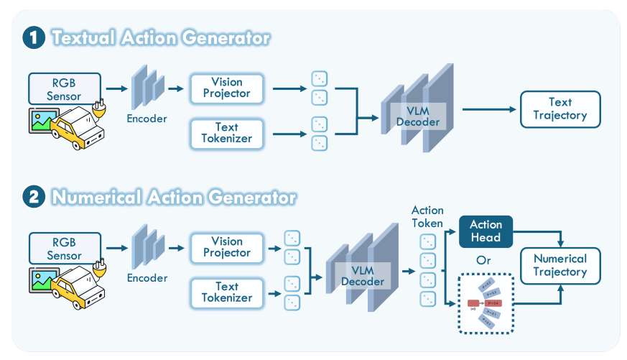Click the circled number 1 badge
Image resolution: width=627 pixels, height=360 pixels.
pos(33,38)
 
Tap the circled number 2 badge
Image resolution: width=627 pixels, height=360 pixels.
pos(33,196)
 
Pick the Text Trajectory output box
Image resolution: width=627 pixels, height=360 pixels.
pos(559,109)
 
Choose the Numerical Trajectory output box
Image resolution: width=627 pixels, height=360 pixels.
pos(559,265)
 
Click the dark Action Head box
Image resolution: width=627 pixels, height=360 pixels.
pos(486,231)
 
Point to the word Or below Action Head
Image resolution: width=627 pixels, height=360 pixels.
pos(486,258)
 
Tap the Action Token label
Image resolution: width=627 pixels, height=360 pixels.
pos(427,216)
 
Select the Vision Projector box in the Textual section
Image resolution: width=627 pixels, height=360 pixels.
pos(226,88)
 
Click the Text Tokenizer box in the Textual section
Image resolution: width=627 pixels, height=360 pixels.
pos(226,133)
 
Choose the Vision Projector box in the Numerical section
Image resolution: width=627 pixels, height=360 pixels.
pos(226,247)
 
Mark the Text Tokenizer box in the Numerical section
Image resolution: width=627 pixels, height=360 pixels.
pos(226,292)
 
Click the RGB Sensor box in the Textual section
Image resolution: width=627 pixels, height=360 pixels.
pos(64,88)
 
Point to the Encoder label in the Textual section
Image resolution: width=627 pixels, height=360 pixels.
pos(147,119)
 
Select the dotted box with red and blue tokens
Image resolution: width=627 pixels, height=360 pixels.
pos(486,303)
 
